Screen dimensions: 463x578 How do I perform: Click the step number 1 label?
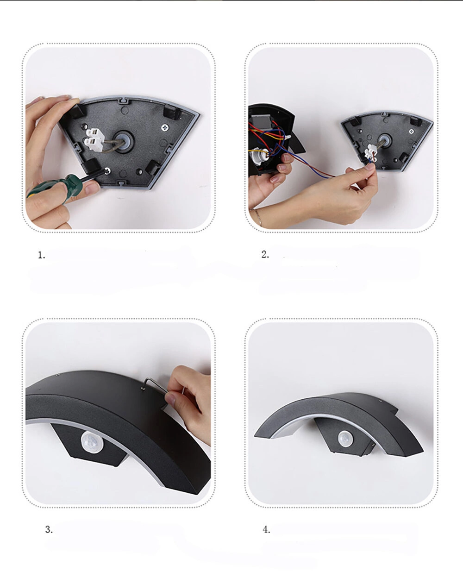pyautogui.click(x=41, y=255)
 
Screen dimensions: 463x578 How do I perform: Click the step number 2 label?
pyautogui.click(x=265, y=254)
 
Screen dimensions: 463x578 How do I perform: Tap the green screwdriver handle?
pyautogui.click(x=54, y=186)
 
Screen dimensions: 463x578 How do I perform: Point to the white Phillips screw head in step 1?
pyautogui.click(x=164, y=127)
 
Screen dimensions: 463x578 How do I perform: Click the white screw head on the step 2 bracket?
pyautogui.click(x=412, y=132)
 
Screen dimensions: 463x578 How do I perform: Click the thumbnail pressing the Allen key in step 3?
pyautogui.click(x=170, y=399)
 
